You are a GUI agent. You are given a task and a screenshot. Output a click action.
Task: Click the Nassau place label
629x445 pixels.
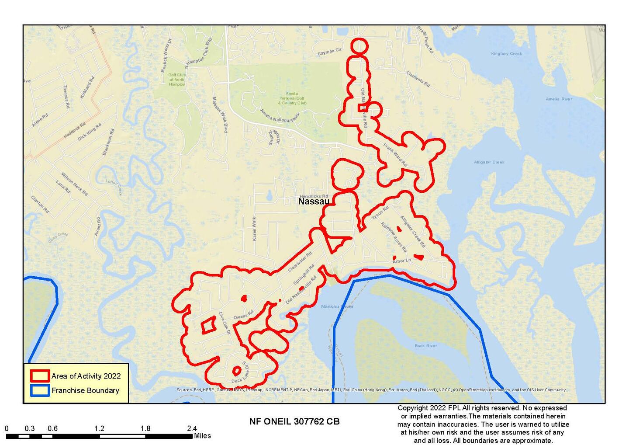pyautogui.click(x=314, y=202)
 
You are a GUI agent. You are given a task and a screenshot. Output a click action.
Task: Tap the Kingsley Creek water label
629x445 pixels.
pyautogui.click(x=506, y=54)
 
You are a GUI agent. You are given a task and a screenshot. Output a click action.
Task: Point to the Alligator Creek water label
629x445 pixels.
pyautogui.click(x=489, y=162)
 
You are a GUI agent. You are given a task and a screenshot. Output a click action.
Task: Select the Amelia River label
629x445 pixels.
pyautogui.click(x=559, y=99)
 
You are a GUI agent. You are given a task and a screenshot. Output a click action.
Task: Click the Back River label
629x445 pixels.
pyautogui.click(x=425, y=346)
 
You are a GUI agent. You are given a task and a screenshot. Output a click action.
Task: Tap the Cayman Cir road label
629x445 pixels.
pyautogui.click(x=329, y=52)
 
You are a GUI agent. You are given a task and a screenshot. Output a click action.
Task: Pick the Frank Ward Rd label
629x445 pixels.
pyautogui.click(x=395, y=155)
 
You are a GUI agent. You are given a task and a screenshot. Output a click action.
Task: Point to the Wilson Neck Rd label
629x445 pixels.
pyautogui.click(x=74, y=184)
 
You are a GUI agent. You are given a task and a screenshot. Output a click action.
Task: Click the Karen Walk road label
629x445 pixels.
pyautogui.click(x=254, y=228)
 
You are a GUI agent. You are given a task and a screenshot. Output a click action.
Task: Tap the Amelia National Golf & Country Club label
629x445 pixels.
pyautogui.click(x=292, y=98)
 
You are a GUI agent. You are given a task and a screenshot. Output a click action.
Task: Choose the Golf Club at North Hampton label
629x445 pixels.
pyautogui.click(x=177, y=80)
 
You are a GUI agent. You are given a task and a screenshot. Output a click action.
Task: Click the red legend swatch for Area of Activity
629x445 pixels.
pyautogui.click(x=40, y=376)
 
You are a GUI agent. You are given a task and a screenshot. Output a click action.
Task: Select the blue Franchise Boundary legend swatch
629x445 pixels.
pyautogui.click(x=40, y=390)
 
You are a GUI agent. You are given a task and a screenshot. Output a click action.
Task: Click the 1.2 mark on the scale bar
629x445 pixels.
pyautogui.click(x=99, y=428)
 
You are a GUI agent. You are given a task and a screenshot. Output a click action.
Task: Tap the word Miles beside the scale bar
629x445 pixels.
pyautogui.click(x=202, y=436)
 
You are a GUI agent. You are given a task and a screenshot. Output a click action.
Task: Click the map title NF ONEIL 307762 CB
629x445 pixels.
pyautogui.click(x=294, y=421)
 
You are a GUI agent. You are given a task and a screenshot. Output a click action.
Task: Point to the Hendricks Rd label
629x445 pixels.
pyautogui.click(x=314, y=196)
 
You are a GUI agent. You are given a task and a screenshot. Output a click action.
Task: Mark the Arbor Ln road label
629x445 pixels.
pyautogui.click(x=401, y=261)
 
